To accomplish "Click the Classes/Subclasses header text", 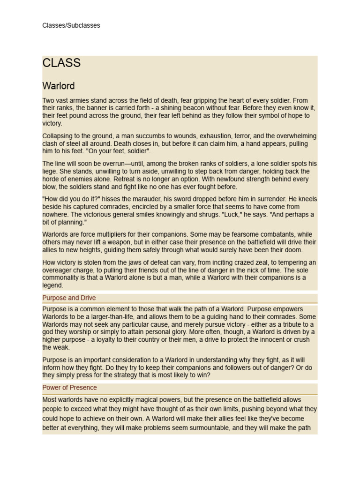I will [71, 25].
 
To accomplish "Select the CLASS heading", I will [61, 63].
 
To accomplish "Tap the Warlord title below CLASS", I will [59, 86].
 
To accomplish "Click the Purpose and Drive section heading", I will [69, 298].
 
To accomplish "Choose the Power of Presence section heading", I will [69, 388].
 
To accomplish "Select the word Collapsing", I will [58, 136].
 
